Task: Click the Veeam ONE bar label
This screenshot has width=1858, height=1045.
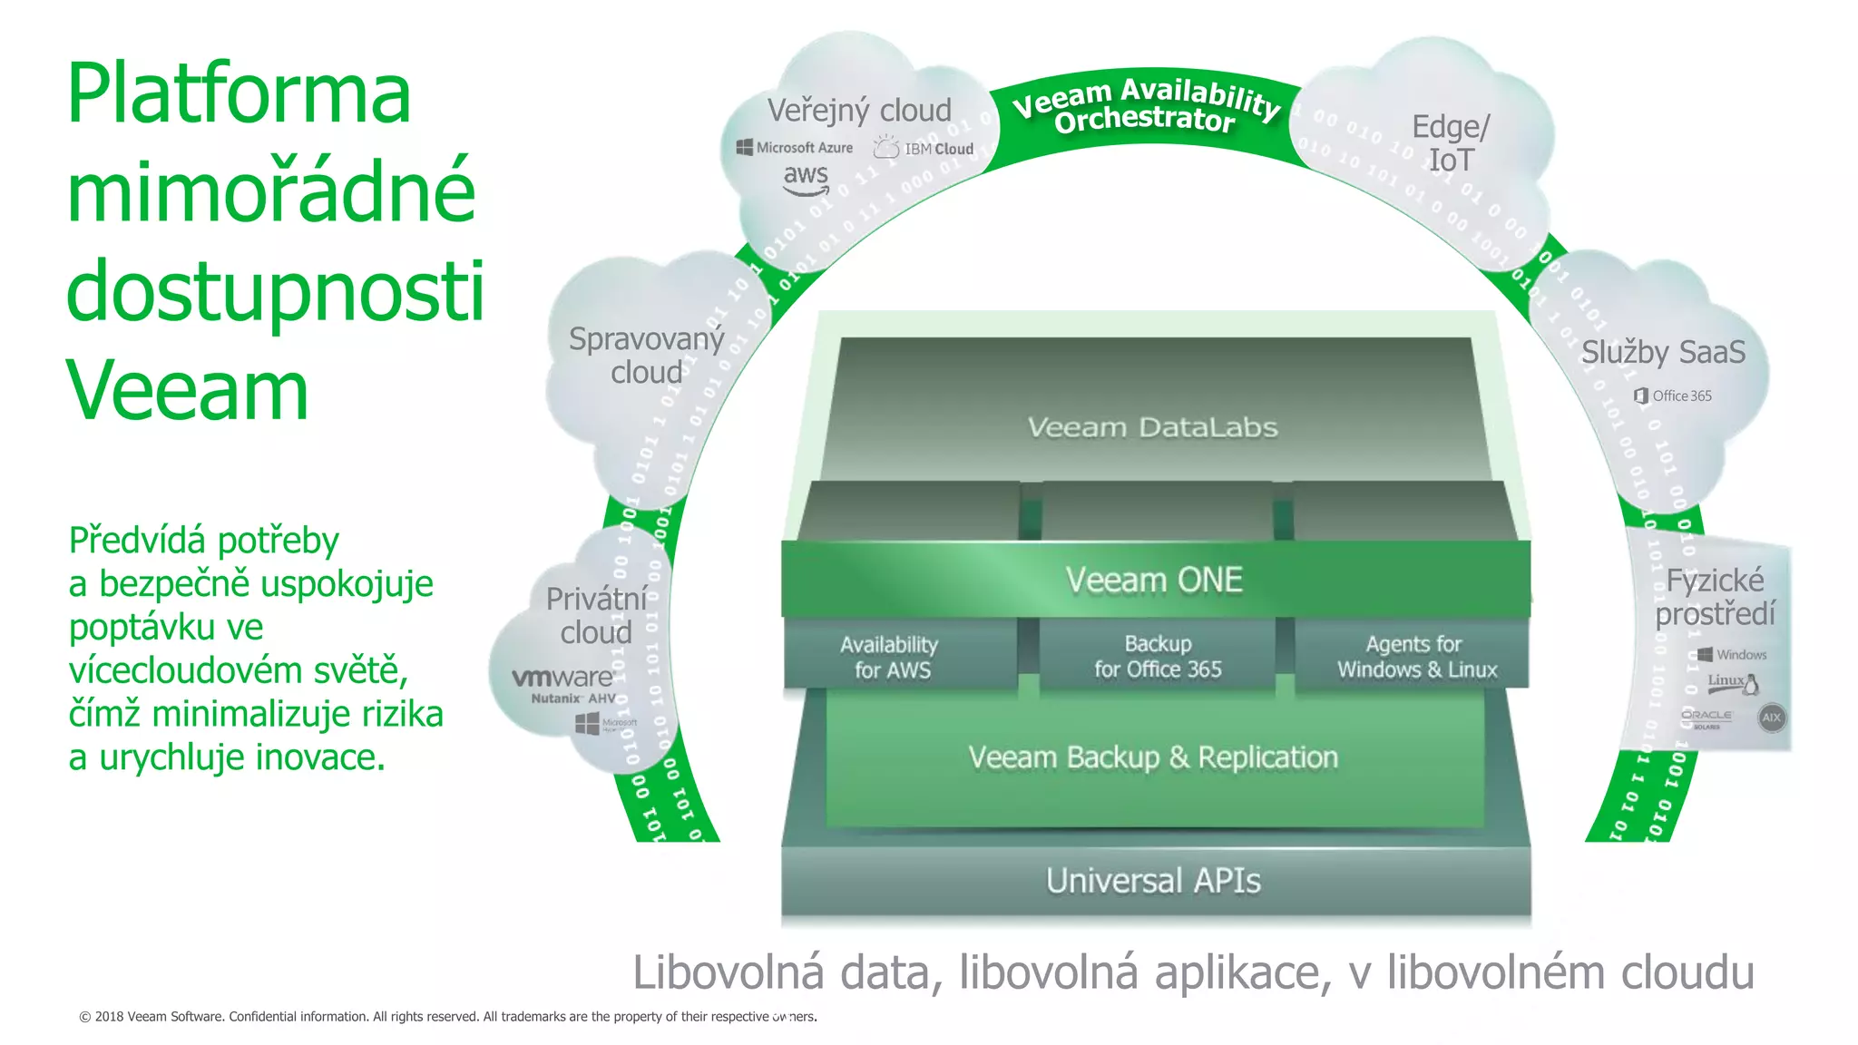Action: point(1154,581)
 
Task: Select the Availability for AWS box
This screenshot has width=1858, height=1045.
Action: point(891,657)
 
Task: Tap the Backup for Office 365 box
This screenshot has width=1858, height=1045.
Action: point(1158,656)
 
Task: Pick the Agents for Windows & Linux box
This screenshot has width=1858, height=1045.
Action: point(1415,657)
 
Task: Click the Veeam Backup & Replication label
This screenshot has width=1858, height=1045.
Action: point(1153,757)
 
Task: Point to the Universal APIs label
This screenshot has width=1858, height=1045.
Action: point(1153,881)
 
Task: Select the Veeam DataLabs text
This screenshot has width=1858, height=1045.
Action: point(1152,427)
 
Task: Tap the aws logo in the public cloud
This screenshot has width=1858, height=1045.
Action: point(806,178)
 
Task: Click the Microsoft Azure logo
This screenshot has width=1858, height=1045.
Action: point(795,147)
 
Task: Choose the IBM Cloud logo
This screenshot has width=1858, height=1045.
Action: point(924,148)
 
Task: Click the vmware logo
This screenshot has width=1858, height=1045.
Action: point(562,678)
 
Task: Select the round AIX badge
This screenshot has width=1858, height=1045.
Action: point(1771,718)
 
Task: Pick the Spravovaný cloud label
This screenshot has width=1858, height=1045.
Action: point(646,356)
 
